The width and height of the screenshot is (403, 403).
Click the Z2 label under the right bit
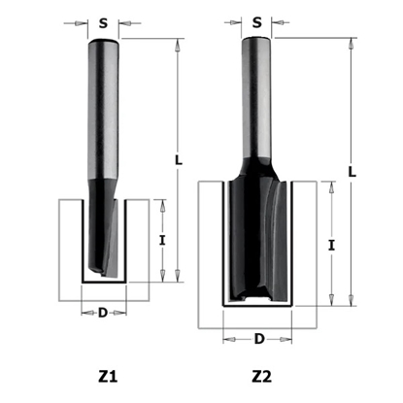pyautogui.click(x=263, y=373)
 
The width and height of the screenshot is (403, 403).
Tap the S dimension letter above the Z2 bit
pyautogui.click(x=256, y=19)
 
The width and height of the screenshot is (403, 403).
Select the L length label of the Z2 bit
pyautogui.click(x=352, y=170)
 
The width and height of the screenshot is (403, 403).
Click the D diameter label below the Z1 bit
pyautogui.click(x=103, y=313)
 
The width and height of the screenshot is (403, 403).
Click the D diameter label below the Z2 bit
pyautogui.click(x=257, y=338)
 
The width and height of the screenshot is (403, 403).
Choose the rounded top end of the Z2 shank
pyautogui.click(x=256, y=41)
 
